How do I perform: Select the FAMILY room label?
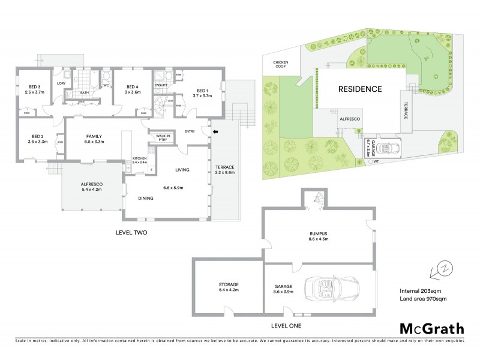(94, 139)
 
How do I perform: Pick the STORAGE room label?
(228, 287)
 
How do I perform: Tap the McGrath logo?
(431, 328)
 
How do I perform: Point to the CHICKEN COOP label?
(281, 64)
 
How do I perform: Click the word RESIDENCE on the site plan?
(359, 89)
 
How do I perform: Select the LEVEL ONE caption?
(286, 326)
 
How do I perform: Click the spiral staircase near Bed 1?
(160, 110)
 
